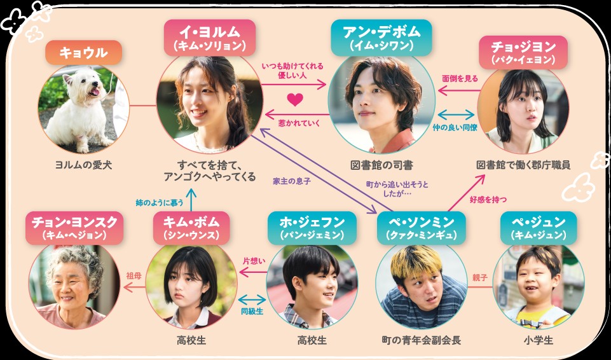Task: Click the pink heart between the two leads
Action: tap(295, 99)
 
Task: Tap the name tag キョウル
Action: tap(83, 52)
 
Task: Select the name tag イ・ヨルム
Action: tap(210, 38)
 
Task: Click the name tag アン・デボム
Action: tap(381, 38)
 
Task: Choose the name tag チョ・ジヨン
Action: tap(523, 52)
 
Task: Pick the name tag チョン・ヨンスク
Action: tap(74, 228)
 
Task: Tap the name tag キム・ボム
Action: tap(191, 228)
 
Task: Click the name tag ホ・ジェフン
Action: tap(312, 228)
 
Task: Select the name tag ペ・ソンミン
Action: tap(422, 228)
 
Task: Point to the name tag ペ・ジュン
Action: tap(539, 228)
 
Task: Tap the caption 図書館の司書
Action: tap(381, 165)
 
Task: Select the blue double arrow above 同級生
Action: tap(252, 300)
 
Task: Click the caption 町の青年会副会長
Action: tap(422, 340)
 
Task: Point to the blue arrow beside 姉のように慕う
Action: tap(191, 200)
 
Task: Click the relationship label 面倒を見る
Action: tap(460, 79)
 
